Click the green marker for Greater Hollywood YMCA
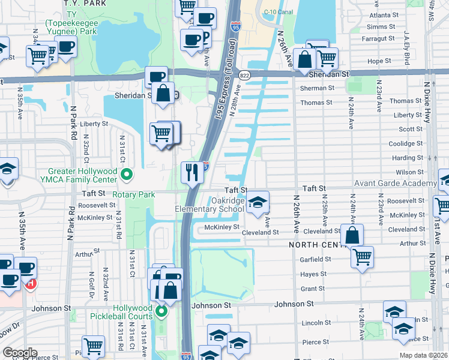[x=126, y=175]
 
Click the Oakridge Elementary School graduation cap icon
[x=258, y=202]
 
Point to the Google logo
[x=19, y=353]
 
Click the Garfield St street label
[x=316, y=259]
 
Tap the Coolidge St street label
[x=406, y=143]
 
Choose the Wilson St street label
[x=410, y=172]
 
